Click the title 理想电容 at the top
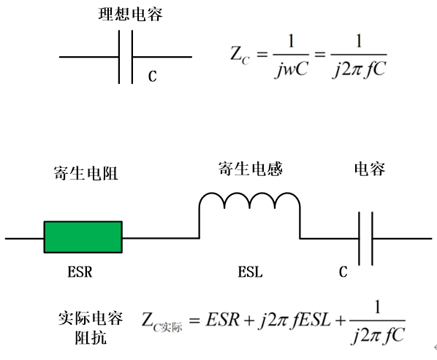coord(130,15)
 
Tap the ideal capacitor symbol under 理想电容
coord(126,57)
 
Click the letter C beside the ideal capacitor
coord(152,76)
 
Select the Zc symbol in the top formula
coord(240,55)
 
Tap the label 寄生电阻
coord(85,173)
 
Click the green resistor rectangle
coord(83,237)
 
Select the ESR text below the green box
coord(80,272)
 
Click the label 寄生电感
coord(250,169)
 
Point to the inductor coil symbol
coord(250,201)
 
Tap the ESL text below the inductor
coord(250,272)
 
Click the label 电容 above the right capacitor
coord(370,169)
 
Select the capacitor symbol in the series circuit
coord(365,239)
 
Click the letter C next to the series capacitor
coord(343,272)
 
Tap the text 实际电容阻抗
coord(91,328)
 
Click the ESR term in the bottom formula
coord(223,320)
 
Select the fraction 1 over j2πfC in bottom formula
coord(377,322)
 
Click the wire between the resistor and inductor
coord(161,238)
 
